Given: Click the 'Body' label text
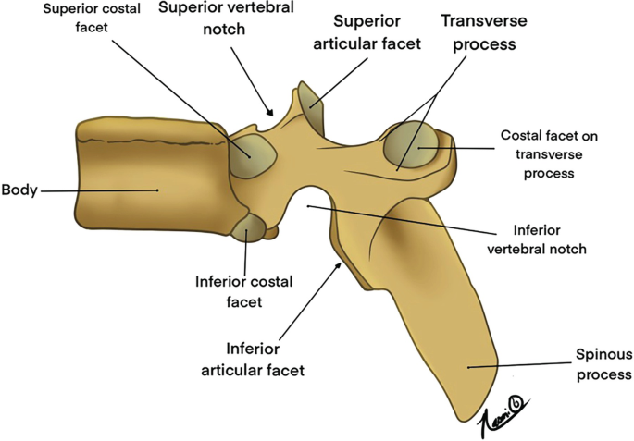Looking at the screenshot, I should pyautogui.click(x=19, y=190).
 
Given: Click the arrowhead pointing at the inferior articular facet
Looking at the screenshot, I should pyautogui.click(x=343, y=264).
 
